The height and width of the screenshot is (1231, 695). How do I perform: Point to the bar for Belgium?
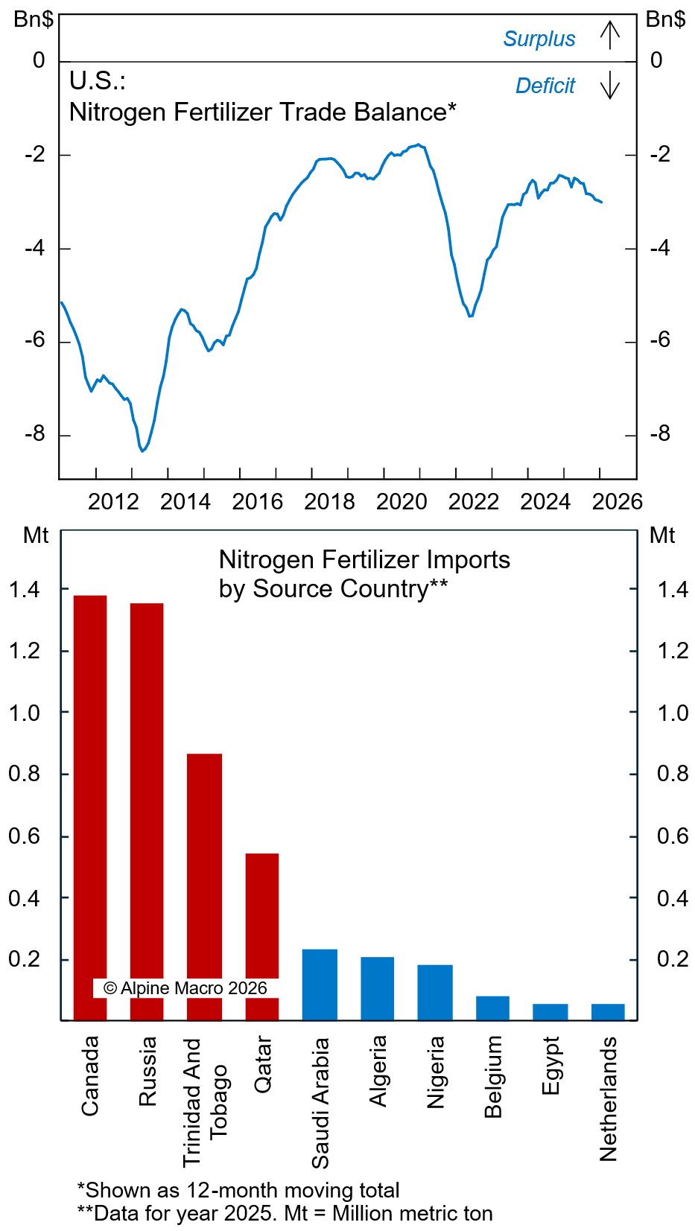(492, 1008)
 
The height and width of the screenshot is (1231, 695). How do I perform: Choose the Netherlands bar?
(608, 1012)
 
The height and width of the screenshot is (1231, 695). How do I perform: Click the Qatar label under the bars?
(263, 1064)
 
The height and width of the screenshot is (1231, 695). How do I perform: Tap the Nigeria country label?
(436, 1072)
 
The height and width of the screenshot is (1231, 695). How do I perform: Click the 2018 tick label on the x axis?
(329, 502)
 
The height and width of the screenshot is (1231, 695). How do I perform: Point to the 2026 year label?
(617, 502)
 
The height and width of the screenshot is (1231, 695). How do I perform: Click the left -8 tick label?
(35, 433)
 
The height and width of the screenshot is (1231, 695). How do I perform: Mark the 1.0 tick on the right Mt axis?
(672, 713)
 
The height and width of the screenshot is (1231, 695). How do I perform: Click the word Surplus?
(539, 39)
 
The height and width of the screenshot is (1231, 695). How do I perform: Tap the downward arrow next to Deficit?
(609, 86)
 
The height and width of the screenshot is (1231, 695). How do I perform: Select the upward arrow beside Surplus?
(609, 35)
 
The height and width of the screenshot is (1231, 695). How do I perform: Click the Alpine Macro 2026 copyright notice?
(185, 988)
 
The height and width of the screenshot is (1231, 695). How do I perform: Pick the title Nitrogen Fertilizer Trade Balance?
(262, 112)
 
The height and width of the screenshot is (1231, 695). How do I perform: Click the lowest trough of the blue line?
(142, 451)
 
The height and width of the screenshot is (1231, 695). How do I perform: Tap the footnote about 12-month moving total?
(238, 1190)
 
